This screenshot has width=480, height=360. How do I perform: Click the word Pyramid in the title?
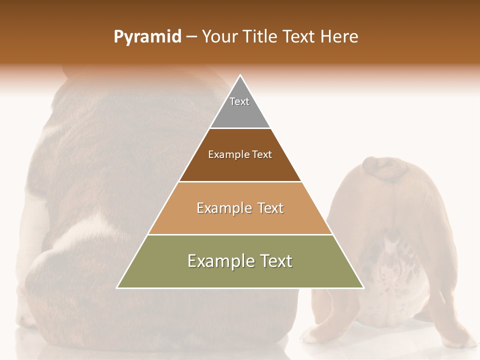point(147,37)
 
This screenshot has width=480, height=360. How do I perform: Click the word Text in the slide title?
point(300,37)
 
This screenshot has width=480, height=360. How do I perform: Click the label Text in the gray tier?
point(239,101)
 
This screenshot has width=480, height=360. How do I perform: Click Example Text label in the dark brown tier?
point(240,154)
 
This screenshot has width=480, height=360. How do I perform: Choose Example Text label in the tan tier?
point(240,208)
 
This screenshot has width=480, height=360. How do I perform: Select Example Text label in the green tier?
point(240,261)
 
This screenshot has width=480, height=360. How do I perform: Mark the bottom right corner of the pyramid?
point(363,287)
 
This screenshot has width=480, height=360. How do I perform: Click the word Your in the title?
point(220,37)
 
